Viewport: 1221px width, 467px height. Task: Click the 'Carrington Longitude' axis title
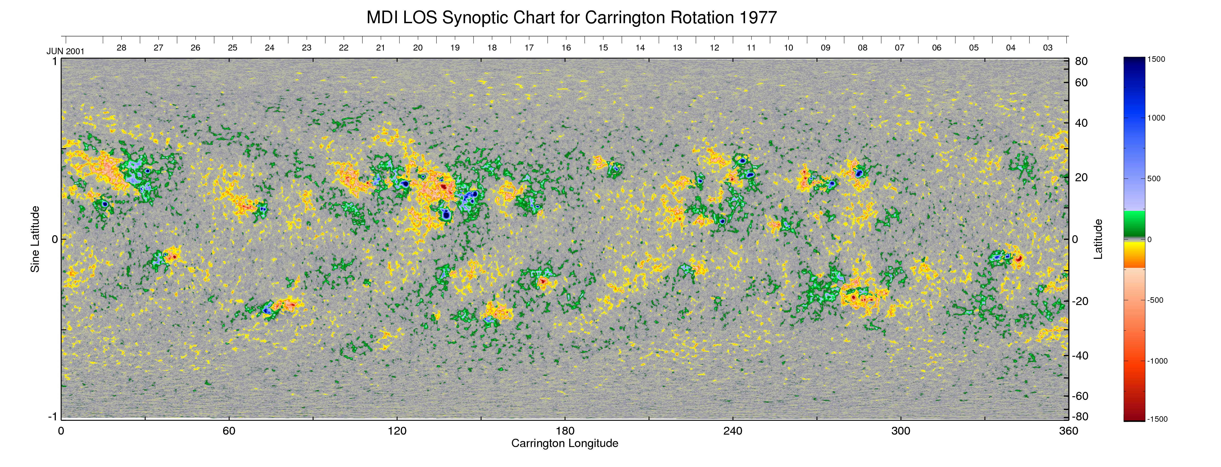pos(564,443)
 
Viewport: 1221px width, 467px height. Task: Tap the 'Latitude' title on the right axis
pos(1098,239)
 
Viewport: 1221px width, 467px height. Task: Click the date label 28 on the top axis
pos(121,48)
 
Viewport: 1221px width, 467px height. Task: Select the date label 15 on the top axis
pos(603,48)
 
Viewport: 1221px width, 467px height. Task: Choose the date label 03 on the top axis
pos(1047,48)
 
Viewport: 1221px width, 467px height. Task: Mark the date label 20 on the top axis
pos(418,48)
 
